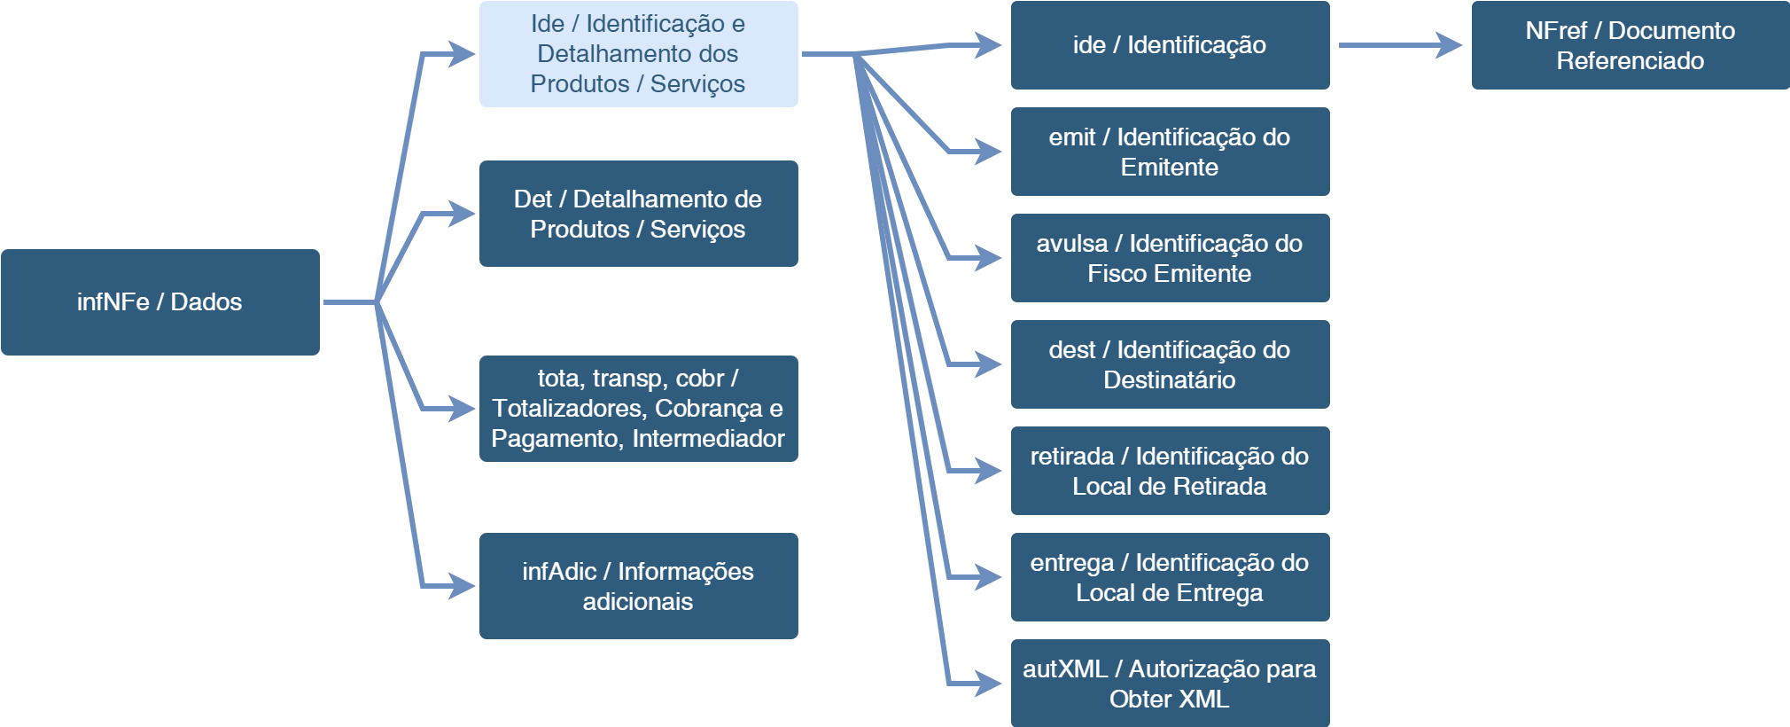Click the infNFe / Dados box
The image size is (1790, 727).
pos(160,302)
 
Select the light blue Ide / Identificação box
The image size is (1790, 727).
pos(638,54)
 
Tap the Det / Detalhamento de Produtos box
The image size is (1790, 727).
pos(638,214)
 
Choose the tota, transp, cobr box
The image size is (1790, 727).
pos(638,409)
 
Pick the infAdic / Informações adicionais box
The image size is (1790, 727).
pos(638,586)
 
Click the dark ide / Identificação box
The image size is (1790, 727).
pos(1170,45)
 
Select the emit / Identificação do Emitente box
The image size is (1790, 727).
pos(1170,152)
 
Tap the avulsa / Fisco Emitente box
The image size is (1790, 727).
pos(1170,258)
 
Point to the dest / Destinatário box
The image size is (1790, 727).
pos(1170,364)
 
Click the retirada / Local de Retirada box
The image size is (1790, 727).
pos(1170,471)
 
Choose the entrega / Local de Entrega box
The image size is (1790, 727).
pos(1170,577)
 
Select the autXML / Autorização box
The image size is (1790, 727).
pos(1170,684)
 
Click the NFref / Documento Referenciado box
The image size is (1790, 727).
pos(1630,45)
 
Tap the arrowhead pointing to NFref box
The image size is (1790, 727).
pos(1450,45)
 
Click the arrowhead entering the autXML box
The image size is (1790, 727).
pos(989,684)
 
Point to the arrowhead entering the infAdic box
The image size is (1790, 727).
pos(463,586)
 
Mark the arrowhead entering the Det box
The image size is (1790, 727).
pos(463,214)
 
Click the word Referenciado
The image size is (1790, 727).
pos(1630,61)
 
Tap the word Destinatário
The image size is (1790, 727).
pos(1170,380)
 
